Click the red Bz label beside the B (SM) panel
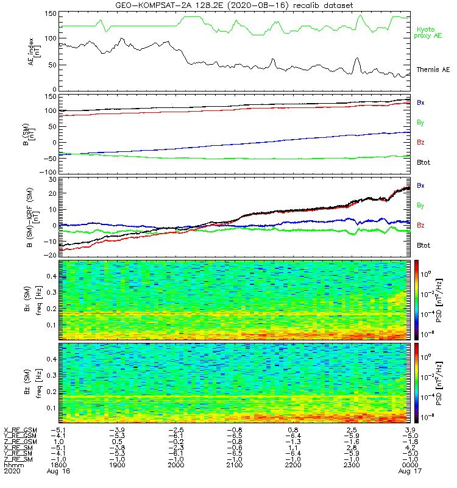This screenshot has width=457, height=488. pos(420,142)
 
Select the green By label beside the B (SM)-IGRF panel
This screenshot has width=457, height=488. pos(420,206)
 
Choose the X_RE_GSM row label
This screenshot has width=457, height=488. pos(20,430)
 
